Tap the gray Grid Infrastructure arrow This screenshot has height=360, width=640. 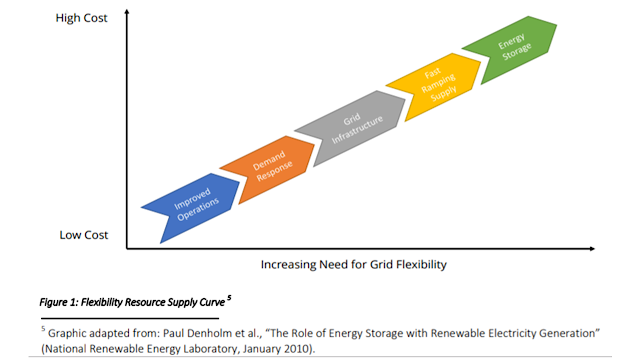[x=354, y=127]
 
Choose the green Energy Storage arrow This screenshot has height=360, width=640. [x=513, y=48]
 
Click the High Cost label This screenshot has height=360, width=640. [x=81, y=18]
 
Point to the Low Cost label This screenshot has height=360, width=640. [x=84, y=235]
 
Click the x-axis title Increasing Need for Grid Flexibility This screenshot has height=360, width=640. [x=353, y=264]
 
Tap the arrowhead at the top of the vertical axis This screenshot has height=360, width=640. [x=127, y=12]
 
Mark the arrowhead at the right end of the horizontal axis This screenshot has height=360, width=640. [x=592, y=248]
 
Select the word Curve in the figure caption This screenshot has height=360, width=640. [x=213, y=302]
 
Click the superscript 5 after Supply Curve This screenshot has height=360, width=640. [x=229, y=298]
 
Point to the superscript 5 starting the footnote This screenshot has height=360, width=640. [x=43, y=329]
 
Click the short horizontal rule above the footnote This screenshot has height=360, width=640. [x=130, y=318]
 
